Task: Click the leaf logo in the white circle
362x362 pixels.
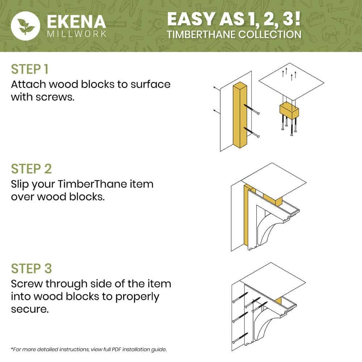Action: coord(25,25)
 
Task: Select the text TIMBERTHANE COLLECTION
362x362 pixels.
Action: coord(234,35)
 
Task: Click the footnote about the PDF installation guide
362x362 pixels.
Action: coord(89,350)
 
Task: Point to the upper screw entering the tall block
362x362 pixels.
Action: coord(252,110)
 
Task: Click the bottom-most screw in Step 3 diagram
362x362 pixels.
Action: coord(240,338)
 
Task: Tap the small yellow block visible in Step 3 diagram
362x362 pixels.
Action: coord(278,300)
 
